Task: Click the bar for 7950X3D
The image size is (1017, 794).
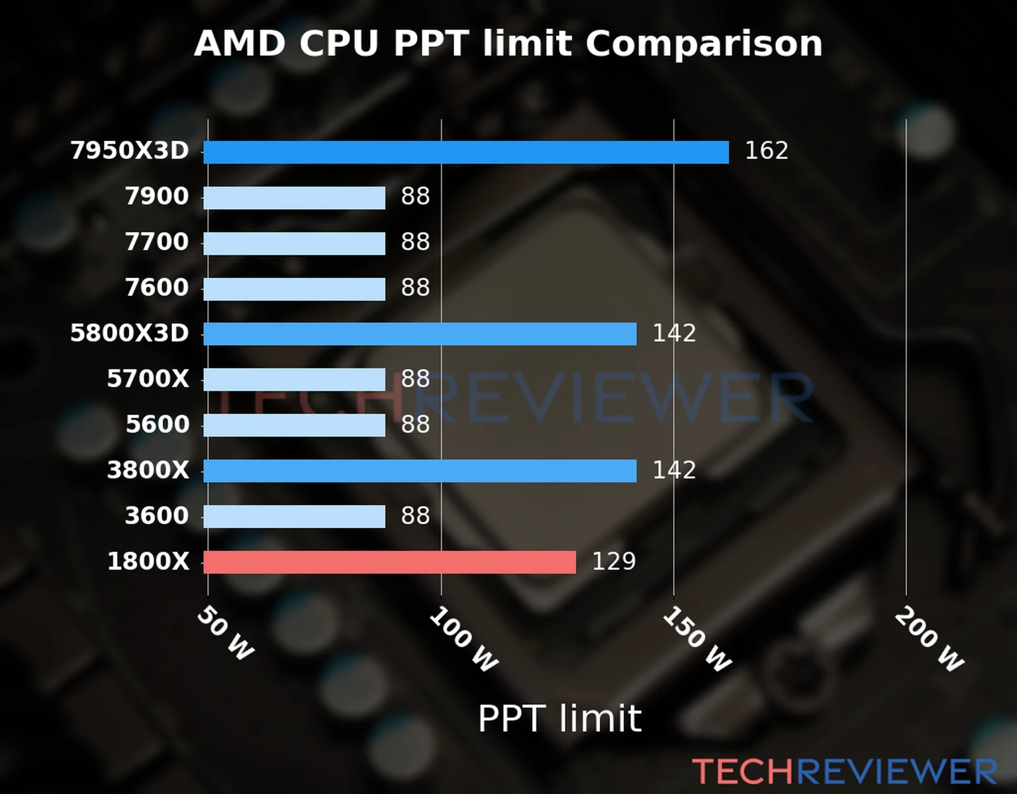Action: [465, 152]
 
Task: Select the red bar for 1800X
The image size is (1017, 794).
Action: [389, 562]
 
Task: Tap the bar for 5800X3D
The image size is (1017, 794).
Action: [420, 334]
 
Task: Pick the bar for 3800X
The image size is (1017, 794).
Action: [420, 471]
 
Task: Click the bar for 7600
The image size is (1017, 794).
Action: [294, 289]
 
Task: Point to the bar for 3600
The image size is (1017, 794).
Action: [294, 517]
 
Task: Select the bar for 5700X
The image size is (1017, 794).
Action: [294, 380]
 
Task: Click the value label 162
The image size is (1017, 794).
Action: [766, 151]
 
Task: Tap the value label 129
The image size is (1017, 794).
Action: [613, 562]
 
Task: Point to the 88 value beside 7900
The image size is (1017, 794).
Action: [415, 197]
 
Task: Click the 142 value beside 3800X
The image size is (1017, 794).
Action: [674, 470]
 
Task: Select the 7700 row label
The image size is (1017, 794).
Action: [157, 242]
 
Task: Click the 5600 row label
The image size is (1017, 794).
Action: [158, 425]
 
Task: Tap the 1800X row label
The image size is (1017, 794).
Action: [148, 562]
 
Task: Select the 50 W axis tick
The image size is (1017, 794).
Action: [225, 633]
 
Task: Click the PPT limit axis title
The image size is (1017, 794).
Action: [559, 719]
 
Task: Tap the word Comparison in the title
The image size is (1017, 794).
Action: [704, 44]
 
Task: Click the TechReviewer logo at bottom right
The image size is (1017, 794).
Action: [844, 772]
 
